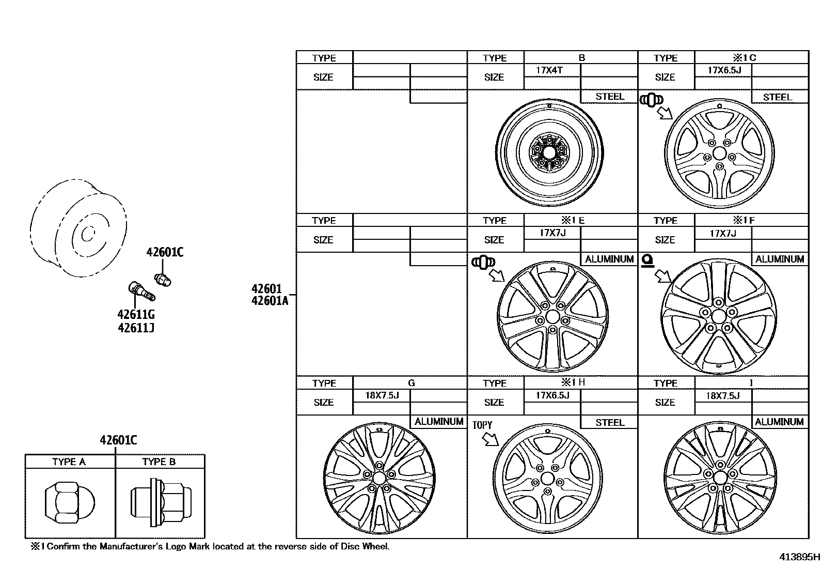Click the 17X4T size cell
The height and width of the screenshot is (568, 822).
tap(549, 70)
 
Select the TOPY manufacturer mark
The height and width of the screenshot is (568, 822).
tap(482, 425)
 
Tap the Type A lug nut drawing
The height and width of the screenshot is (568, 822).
tap(69, 502)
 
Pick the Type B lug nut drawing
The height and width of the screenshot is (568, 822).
tap(160, 502)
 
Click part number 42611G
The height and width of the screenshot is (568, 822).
tap(136, 315)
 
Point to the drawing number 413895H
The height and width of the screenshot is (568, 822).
tap(799, 557)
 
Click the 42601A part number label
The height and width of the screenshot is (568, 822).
tap(270, 301)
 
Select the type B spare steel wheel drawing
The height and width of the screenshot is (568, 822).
tap(549, 151)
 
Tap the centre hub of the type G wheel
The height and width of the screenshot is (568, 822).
tap(379, 477)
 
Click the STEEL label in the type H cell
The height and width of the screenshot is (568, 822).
tap(609, 422)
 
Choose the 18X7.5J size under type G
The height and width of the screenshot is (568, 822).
tap(382, 395)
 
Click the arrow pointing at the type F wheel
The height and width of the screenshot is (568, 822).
tap(661, 275)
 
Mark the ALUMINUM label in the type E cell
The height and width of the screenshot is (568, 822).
tap(609, 259)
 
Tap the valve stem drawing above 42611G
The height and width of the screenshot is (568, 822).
tap(140, 290)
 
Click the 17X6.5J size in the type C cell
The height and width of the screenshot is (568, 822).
tap(724, 70)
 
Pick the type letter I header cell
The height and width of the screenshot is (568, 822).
tap(751, 383)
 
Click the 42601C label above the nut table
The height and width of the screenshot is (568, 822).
tap(118, 440)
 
